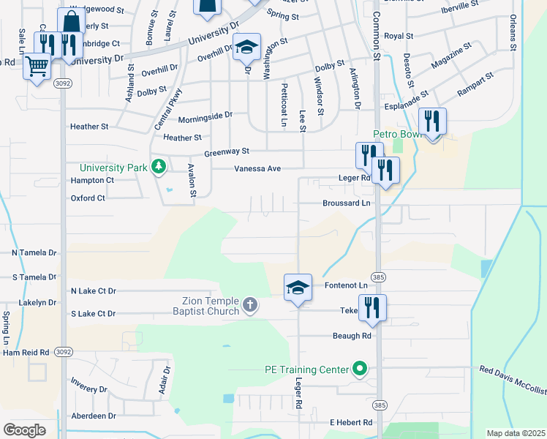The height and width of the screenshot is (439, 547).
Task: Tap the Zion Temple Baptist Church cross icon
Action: click(249, 304)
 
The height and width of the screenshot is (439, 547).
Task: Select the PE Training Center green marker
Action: click(359, 369)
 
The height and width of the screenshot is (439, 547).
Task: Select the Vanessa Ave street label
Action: click(257, 169)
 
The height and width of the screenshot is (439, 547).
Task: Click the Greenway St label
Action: click(227, 151)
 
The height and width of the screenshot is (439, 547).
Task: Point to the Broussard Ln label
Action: click(347, 203)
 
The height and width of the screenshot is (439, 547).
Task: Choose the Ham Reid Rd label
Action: click(26, 352)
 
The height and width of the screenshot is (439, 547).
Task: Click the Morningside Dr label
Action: click(205, 115)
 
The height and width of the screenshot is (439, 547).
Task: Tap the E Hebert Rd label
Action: click(351, 422)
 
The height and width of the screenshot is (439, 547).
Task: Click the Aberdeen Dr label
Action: click(93, 416)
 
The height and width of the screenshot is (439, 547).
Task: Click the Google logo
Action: click(24, 429)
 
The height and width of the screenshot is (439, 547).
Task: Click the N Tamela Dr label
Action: click(34, 252)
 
